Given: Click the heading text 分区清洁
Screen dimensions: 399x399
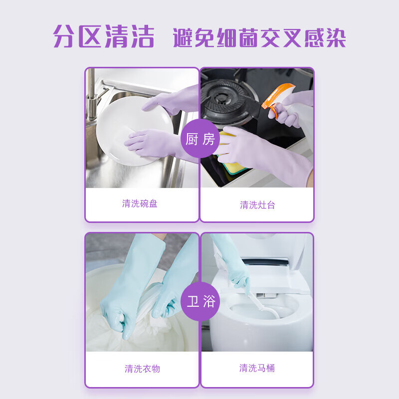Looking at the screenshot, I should click(x=104, y=37).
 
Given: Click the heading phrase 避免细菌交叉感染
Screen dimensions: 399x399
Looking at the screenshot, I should click(x=259, y=38).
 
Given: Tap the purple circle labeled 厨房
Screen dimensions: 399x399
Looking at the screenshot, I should click(x=199, y=139).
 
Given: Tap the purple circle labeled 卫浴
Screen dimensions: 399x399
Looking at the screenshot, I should click(x=199, y=302).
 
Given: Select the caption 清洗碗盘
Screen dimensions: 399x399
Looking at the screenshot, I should click(x=140, y=203).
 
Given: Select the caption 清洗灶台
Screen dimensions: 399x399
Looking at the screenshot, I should click(x=257, y=205).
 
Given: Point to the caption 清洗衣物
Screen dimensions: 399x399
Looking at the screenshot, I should click(x=142, y=369).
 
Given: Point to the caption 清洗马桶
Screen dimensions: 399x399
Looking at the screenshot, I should click(x=257, y=368).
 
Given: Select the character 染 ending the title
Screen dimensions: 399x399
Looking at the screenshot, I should click(x=333, y=38).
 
